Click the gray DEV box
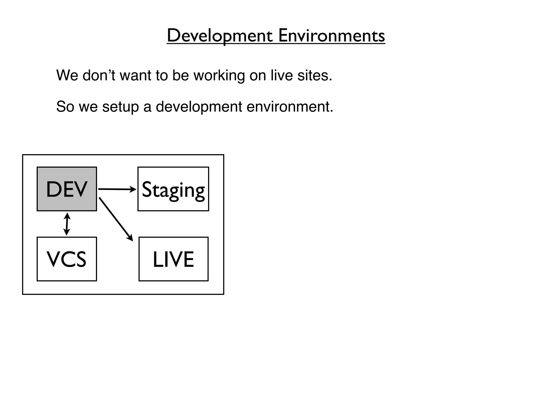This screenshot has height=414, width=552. pos(67,189)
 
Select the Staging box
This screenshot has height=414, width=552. pos(173,189)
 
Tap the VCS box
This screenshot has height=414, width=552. pos(67,259)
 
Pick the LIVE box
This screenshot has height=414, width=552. pos(173,259)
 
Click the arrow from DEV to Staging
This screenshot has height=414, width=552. pos(116,189)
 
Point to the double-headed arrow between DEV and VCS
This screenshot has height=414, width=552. pos(67,224)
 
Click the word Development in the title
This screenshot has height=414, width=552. pos(220,36)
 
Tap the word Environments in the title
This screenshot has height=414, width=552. pos(331,36)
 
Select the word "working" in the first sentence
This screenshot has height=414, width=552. pos(219,75)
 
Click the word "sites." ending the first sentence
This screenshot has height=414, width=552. pos(315,75)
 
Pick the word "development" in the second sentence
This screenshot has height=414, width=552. pos(199,107)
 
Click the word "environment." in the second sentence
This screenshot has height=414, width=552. pos(290,107)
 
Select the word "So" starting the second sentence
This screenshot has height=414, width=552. pos(65,107)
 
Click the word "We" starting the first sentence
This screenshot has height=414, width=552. pos(67,75)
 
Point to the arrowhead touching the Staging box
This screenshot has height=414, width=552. pos(133,189)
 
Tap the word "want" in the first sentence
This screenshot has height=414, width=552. pos(135,75)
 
